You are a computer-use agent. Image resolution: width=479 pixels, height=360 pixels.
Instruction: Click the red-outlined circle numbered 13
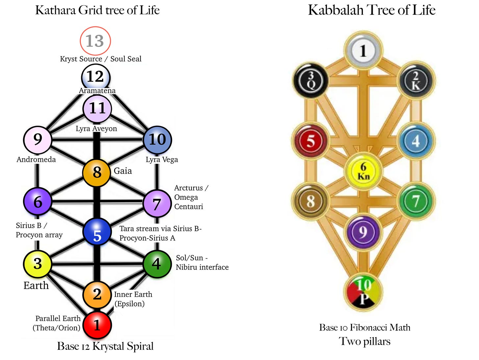(x=95, y=41)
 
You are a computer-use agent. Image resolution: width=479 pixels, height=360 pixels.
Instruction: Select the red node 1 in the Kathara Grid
(x=97, y=325)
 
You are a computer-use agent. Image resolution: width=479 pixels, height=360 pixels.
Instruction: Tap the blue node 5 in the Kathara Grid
(x=97, y=232)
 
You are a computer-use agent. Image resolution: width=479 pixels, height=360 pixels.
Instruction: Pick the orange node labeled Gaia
(x=96, y=172)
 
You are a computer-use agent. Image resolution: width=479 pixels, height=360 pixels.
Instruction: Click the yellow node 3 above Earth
(x=37, y=264)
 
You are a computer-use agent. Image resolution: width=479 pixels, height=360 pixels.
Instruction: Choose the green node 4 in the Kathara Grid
(x=157, y=264)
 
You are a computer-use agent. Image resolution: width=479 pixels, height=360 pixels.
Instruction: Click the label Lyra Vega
(x=162, y=160)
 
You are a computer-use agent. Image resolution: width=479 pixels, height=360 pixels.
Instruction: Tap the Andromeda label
(x=36, y=159)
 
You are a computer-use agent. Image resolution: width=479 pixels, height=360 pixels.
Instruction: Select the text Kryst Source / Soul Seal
(x=101, y=59)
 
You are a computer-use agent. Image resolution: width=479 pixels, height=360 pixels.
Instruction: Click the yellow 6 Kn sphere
(x=363, y=171)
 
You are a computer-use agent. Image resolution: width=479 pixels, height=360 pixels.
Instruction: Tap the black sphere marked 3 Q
(x=311, y=81)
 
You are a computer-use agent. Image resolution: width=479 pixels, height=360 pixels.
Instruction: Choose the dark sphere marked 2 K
(x=416, y=81)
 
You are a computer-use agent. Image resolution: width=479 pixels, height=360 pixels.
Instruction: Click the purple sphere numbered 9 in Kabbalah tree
(x=363, y=232)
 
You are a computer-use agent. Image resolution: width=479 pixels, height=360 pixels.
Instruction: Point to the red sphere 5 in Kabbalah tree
(x=311, y=141)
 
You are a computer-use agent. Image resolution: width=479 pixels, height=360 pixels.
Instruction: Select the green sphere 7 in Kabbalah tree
(x=416, y=201)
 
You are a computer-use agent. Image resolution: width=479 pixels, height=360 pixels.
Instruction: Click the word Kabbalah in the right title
(x=336, y=10)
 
